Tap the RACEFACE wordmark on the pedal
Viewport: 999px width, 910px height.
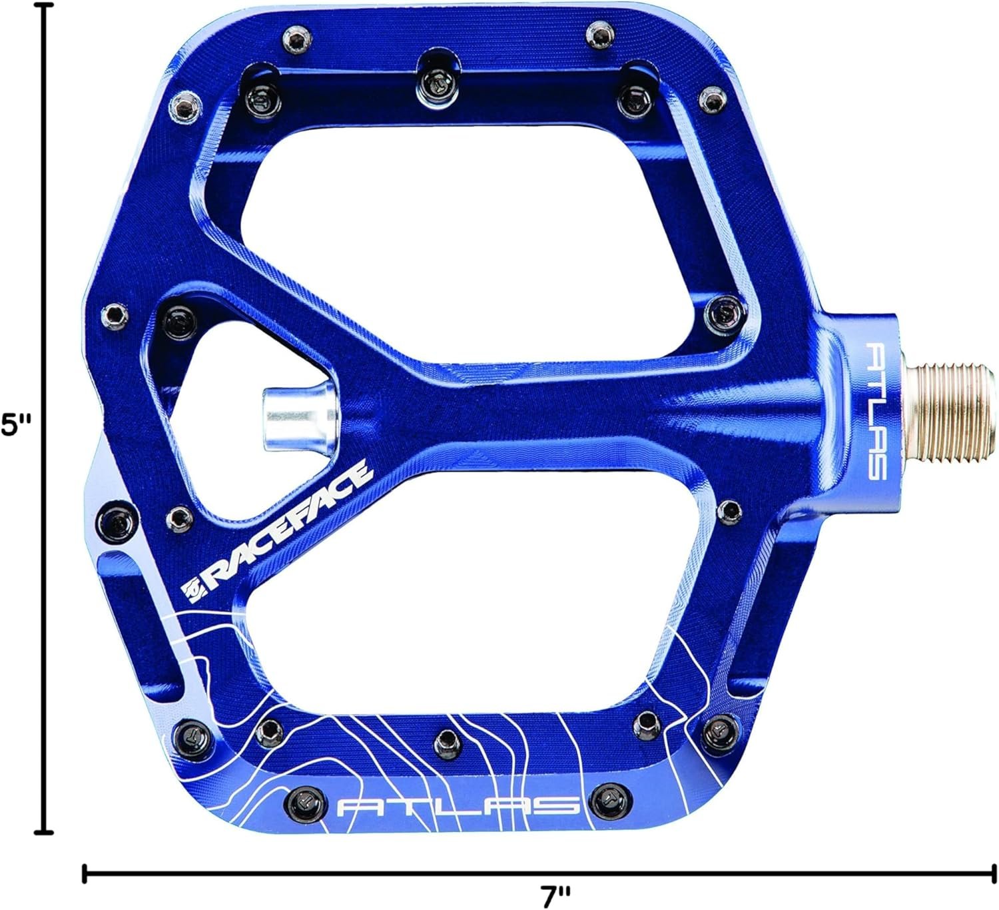pos(290,525)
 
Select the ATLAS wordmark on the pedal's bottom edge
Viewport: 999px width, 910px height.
pos(458,806)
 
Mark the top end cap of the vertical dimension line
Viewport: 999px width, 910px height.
pos(46,5)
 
